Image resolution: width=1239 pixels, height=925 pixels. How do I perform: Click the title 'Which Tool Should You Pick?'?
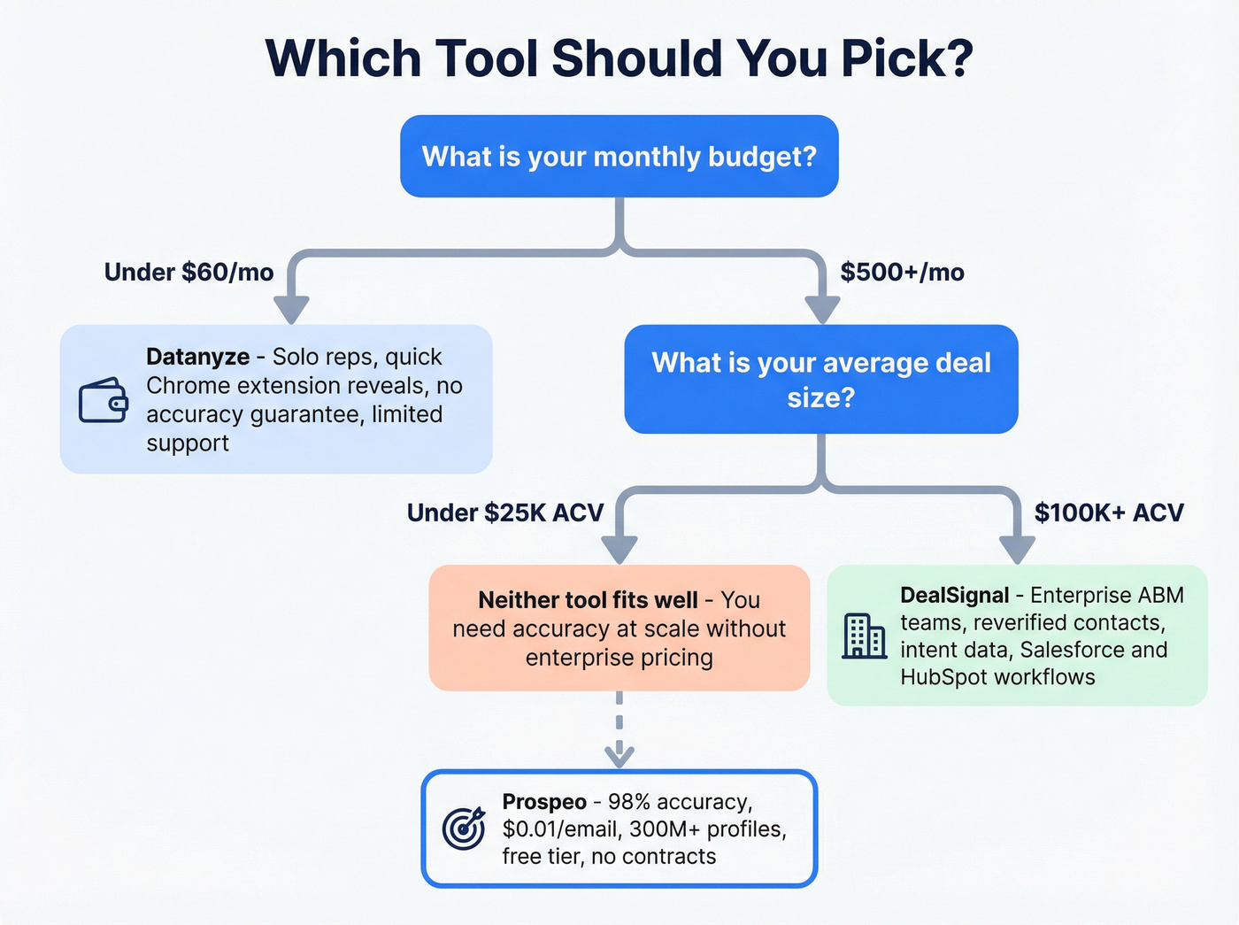click(x=619, y=58)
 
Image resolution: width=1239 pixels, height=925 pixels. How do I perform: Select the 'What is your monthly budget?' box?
click(x=619, y=157)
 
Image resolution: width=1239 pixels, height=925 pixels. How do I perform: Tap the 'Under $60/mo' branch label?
click(x=189, y=272)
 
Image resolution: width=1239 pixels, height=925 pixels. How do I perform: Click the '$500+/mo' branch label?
click(x=902, y=272)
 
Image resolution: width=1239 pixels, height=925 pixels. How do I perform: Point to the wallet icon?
click(x=104, y=400)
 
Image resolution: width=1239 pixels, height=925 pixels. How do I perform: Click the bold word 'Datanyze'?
click(x=197, y=357)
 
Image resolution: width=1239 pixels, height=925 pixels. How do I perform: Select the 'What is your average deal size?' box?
click(x=820, y=380)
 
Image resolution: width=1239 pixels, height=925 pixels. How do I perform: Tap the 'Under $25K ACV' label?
click(x=504, y=513)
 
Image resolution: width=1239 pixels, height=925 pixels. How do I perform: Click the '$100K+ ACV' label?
click(x=1108, y=513)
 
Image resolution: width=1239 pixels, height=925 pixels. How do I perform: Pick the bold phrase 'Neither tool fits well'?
click(x=588, y=600)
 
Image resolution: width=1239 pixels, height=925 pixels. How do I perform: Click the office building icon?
click(x=864, y=636)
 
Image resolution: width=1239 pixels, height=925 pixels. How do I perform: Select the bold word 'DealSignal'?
click(x=954, y=595)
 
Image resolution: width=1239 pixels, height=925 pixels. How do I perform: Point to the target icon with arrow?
click(x=464, y=829)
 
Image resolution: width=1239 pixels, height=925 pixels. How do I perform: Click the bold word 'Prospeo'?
click(x=544, y=802)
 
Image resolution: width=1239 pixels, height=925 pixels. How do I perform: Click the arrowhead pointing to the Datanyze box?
click(x=291, y=311)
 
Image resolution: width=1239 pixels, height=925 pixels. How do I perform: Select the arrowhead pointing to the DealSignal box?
click(x=1017, y=551)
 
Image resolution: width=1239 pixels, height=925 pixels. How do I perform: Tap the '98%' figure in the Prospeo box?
click(x=628, y=802)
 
